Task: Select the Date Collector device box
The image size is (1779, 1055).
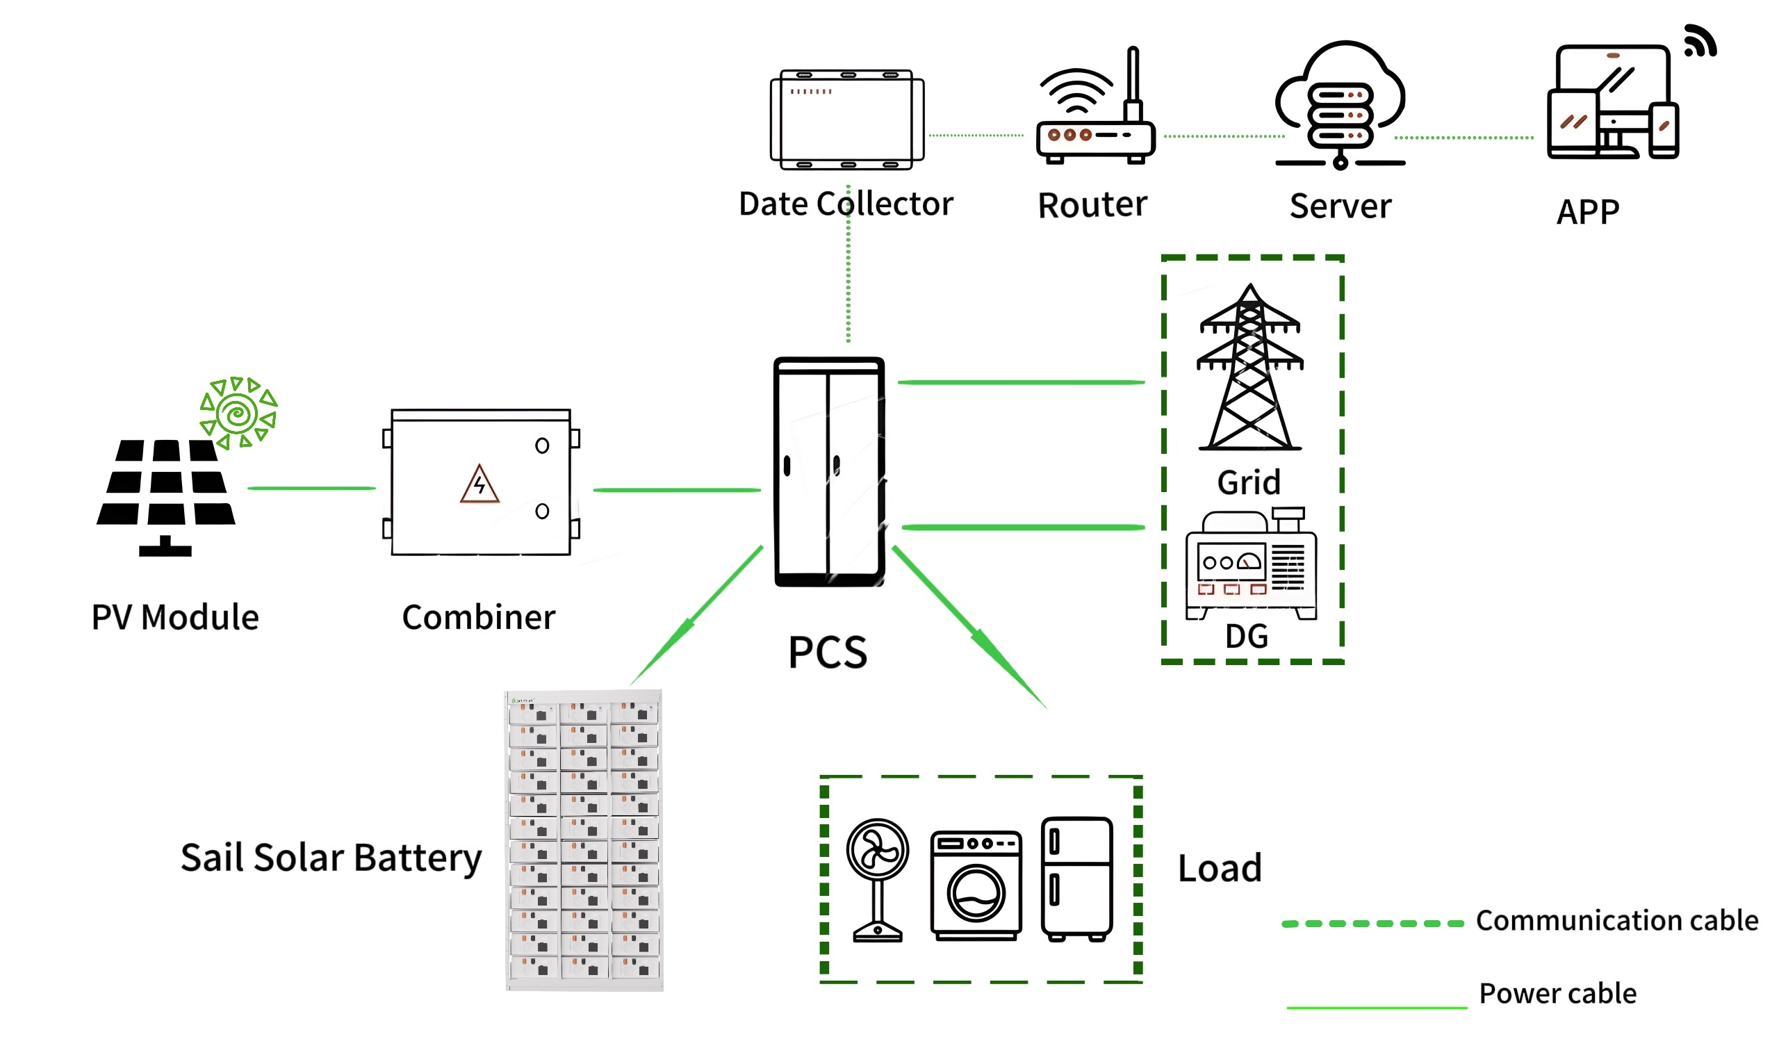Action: tap(846, 120)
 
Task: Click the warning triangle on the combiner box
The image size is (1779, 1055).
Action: tap(479, 485)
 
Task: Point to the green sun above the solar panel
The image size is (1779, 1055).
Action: tap(238, 413)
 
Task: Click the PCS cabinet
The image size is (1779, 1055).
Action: tap(829, 472)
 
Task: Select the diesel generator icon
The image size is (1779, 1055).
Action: tap(1251, 565)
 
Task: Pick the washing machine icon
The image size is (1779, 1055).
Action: tap(976, 886)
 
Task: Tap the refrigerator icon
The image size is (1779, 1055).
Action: tap(1077, 878)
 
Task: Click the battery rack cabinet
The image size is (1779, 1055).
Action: tap(584, 840)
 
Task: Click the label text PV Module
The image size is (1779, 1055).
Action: tap(175, 617)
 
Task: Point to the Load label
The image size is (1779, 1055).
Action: tap(1220, 868)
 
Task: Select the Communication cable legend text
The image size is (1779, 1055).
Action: tap(1616, 921)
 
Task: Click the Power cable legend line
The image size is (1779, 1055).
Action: tap(1376, 1007)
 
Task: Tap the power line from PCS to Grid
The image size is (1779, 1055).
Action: tap(1021, 382)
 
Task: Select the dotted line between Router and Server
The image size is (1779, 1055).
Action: tap(1223, 136)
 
